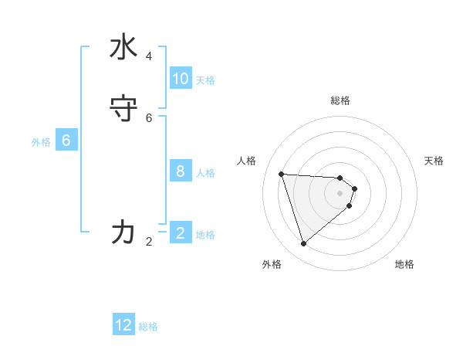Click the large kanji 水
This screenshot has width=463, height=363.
click(123, 48)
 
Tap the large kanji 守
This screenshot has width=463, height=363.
click(123, 109)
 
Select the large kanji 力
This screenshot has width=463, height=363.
click(123, 231)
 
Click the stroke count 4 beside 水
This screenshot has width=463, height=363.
click(149, 56)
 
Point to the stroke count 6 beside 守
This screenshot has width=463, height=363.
click(149, 117)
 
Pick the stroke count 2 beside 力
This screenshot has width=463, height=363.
click(149, 242)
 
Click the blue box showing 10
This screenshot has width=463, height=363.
click(181, 79)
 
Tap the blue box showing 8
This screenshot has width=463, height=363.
click(181, 171)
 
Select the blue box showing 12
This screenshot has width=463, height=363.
click(123, 325)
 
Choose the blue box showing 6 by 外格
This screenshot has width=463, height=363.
click(66, 141)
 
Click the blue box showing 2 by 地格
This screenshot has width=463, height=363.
click(181, 232)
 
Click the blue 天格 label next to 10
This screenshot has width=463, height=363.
click(205, 80)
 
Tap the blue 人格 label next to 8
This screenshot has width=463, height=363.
click(205, 173)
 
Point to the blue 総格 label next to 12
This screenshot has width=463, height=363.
click(148, 327)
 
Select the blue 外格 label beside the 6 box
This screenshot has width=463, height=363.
click(41, 142)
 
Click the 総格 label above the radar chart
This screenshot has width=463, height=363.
click(340, 100)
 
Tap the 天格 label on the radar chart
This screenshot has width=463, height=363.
click(434, 161)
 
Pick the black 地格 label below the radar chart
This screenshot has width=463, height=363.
click(404, 264)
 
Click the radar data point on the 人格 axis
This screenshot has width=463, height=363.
click(281, 174)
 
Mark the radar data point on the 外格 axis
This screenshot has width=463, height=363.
click(304, 244)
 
